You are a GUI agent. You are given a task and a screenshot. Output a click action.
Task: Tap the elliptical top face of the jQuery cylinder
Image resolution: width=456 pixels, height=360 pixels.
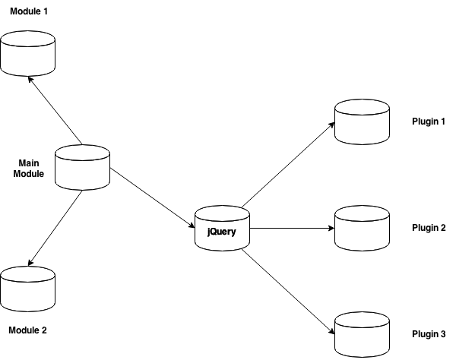[x=222, y=213]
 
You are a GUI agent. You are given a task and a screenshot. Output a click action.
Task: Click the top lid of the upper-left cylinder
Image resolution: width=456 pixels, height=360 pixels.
[x=27, y=38]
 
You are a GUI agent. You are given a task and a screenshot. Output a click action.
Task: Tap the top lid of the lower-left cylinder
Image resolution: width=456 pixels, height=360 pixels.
[x=27, y=273]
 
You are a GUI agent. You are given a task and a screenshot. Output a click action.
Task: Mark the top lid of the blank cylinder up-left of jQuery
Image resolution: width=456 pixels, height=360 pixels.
[x=82, y=152]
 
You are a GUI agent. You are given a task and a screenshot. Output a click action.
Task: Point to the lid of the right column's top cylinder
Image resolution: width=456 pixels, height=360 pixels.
[x=362, y=106]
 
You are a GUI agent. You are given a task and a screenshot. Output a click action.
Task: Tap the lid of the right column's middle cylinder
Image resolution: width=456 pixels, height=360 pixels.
[x=362, y=213]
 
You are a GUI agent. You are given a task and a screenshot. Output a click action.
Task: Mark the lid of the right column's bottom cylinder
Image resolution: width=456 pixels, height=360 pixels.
[x=362, y=319]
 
